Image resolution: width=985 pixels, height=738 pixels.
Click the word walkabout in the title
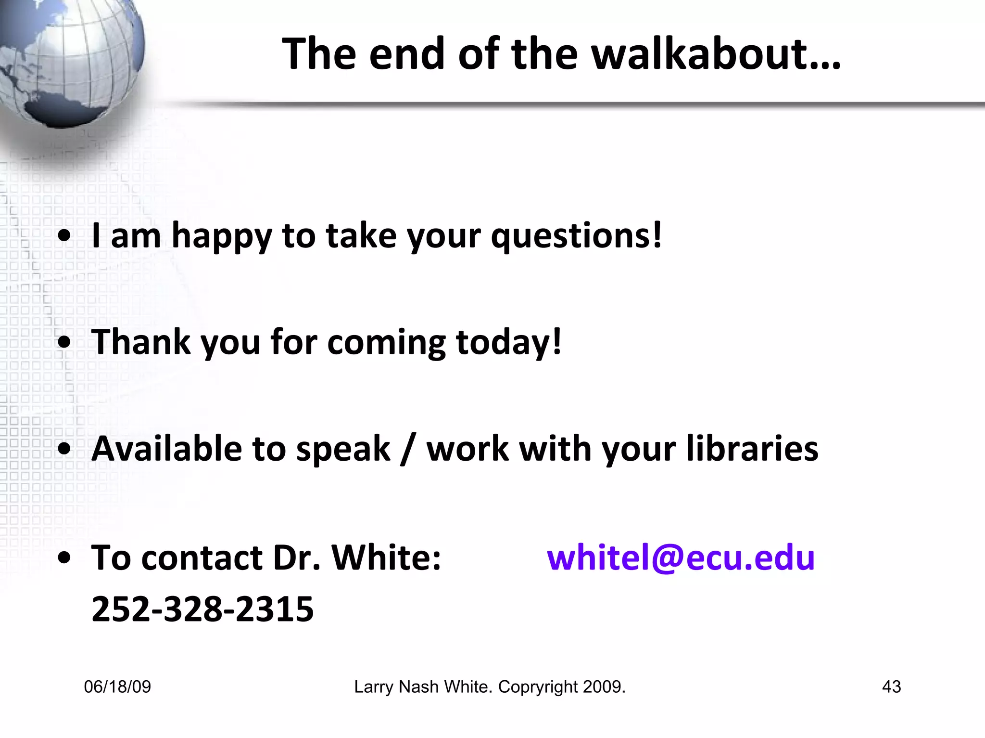(716, 54)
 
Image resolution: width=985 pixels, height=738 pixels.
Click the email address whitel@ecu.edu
(681, 557)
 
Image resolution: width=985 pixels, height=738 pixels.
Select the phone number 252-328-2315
(202, 609)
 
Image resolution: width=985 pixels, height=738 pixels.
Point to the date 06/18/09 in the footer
(117, 687)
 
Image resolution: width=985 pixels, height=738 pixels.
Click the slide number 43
(891, 687)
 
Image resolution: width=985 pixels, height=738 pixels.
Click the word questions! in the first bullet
(576, 236)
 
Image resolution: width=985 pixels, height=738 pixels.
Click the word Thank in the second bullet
(141, 342)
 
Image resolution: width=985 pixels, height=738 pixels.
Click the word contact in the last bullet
(202, 557)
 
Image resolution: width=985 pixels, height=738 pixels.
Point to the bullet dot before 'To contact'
(64, 558)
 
